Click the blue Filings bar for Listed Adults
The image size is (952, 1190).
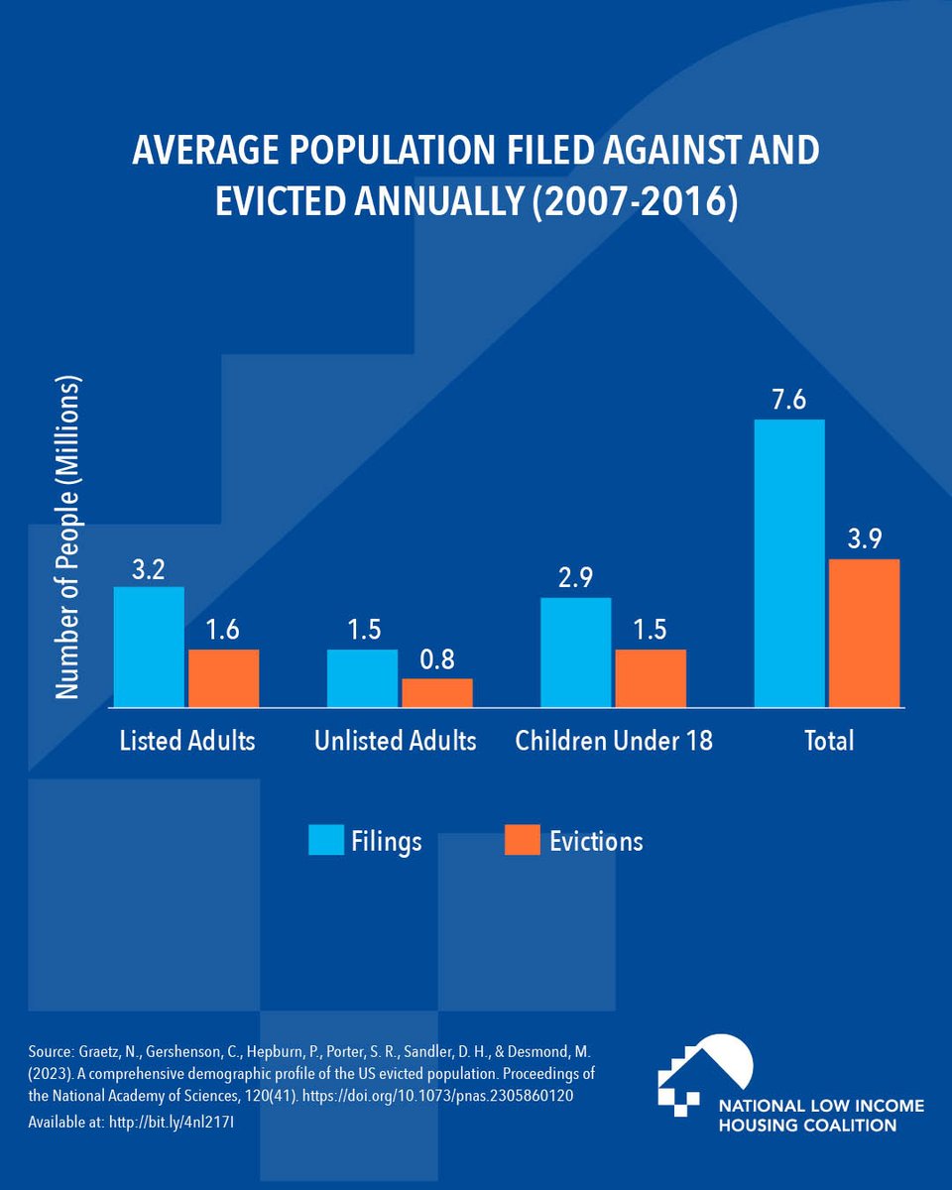click(x=149, y=647)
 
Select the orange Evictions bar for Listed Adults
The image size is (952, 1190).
click(x=223, y=678)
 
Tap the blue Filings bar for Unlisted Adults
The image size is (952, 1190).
click(x=362, y=678)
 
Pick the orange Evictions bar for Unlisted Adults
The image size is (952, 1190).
click(x=436, y=692)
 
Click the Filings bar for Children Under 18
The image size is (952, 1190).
click(x=575, y=652)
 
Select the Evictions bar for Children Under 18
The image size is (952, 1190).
click(x=650, y=678)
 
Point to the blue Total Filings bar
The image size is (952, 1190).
click(x=788, y=563)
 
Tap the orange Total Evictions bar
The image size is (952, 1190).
click(x=864, y=633)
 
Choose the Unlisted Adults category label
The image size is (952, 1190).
click(x=396, y=741)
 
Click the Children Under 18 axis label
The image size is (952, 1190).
click(x=614, y=741)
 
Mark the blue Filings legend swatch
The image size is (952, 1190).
click(x=325, y=841)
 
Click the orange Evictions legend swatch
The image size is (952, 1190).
click(x=522, y=841)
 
